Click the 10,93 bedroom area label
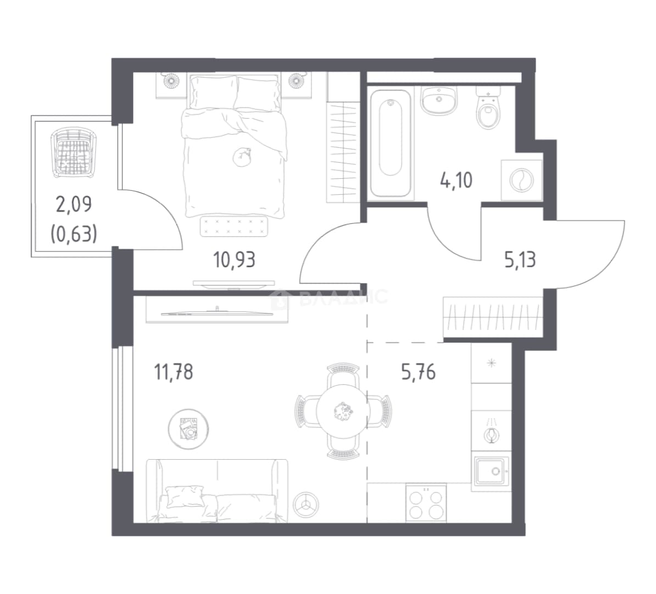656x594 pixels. pyautogui.click(x=234, y=260)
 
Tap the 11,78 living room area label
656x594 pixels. pyautogui.click(x=174, y=372)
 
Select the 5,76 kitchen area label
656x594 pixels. pyautogui.click(x=418, y=372)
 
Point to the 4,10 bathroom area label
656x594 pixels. pyautogui.click(x=456, y=180)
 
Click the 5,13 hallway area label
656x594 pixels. pyautogui.click(x=520, y=260)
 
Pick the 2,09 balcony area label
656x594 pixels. pyautogui.click(x=74, y=205)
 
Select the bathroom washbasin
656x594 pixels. pyautogui.click(x=438, y=101)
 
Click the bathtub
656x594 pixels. pyautogui.click(x=390, y=143)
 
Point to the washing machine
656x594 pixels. pyautogui.click(x=521, y=180)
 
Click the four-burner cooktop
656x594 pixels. pyautogui.click(x=425, y=503)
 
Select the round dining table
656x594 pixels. pyautogui.click(x=342, y=410)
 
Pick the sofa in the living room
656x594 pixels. pyautogui.click(x=216, y=491)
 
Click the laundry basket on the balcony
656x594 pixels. pyautogui.click(x=74, y=153)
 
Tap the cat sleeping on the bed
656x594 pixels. pyautogui.click(x=242, y=157)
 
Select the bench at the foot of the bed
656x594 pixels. pyautogui.click(x=234, y=226)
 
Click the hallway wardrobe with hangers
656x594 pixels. pyautogui.click(x=493, y=317)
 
